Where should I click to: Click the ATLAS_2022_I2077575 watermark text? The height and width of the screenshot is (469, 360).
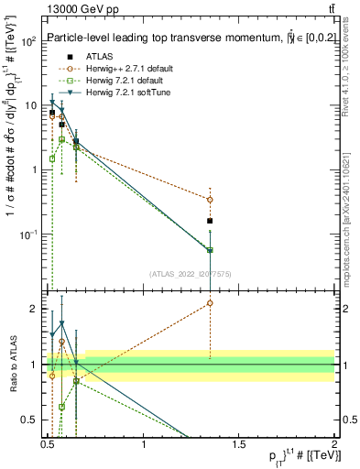[191, 273]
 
